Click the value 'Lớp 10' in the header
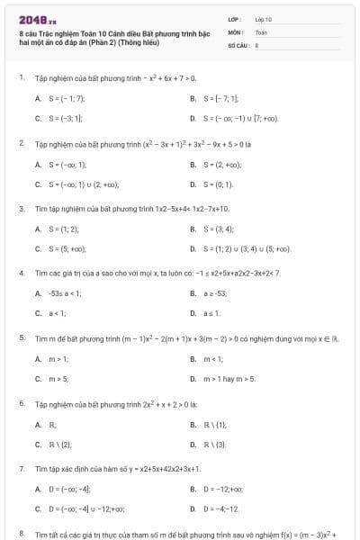[x=264, y=18]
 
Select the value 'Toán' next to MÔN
[x=261, y=31]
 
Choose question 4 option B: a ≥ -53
[x=215, y=293]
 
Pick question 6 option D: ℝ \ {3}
[x=214, y=444]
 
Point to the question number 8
[x=21, y=535]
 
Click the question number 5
[x=21, y=337]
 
